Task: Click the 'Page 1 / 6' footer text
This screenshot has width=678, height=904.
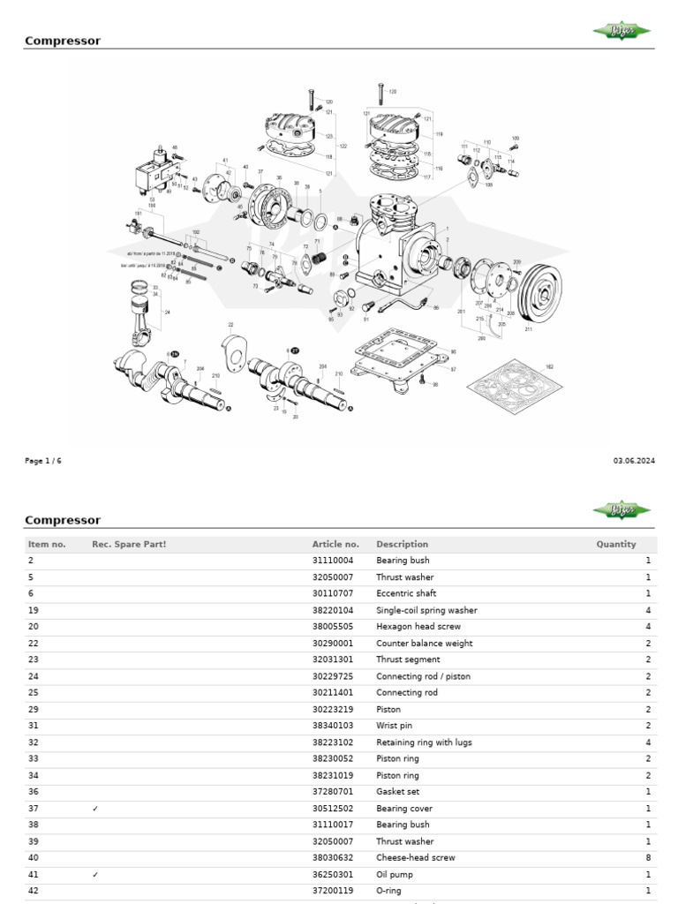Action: [43, 461]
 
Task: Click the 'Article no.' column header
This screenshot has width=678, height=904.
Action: [335, 545]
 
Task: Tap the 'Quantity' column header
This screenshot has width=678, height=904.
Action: [615, 545]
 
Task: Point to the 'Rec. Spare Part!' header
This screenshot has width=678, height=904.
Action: [129, 545]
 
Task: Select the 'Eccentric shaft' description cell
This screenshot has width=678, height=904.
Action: [406, 594]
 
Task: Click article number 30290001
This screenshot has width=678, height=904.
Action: [333, 644]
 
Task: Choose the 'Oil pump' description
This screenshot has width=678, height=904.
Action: [395, 875]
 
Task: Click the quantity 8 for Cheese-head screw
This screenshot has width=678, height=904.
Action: [647, 858]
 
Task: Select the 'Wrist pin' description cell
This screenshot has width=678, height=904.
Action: [394, 726]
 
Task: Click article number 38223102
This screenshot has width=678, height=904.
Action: [333, 742]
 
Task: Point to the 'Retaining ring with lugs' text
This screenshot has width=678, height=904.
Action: [424, 742]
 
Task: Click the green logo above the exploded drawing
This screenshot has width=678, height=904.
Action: [621, 32]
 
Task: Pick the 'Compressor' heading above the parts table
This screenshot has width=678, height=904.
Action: [63, 520]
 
